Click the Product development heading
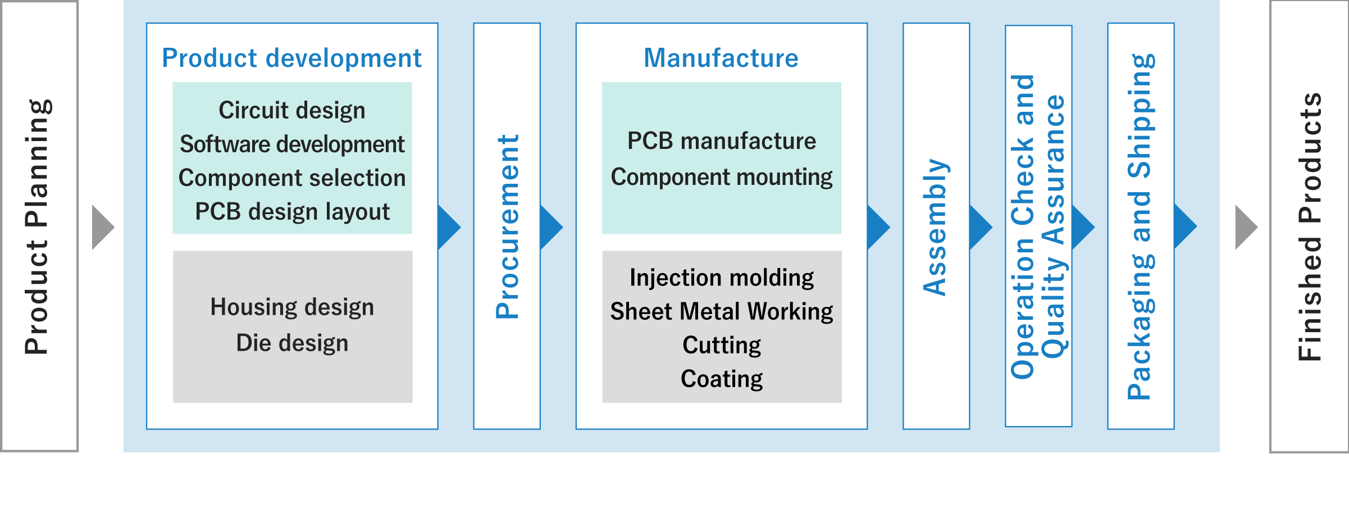coord(291,58)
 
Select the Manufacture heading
coord(721,58)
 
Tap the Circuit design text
coord(292,110)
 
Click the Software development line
coord(292,144)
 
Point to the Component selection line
coord(292,178)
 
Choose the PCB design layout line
coord(292,212)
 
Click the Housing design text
coord(292,307)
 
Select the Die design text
coord(292,343)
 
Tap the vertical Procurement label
coord(507,227)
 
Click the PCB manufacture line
coord(722,141)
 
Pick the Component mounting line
coord(722,177)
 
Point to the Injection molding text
coord(722,278)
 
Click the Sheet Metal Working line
coord(722,311)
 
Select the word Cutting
coord(722,345)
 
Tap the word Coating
coord(722,379)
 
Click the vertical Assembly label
coord(936,227)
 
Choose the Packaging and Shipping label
coord(1141,227)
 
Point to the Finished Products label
coord(1310,227)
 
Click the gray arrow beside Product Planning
coord(102,227)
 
